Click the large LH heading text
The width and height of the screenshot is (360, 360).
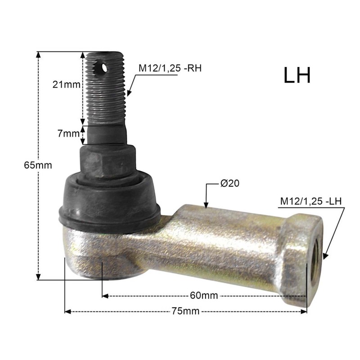(x=297, y=75)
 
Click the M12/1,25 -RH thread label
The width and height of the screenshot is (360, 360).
(x=170, y=68)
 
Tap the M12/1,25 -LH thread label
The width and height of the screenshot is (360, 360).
(x=311, y=201)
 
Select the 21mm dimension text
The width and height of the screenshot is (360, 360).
(x=66, y=85)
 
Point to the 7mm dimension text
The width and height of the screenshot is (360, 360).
(x=68, y=133)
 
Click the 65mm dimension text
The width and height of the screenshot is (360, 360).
(x=38, y=165)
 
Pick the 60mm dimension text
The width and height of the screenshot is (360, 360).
(x=204, y=295)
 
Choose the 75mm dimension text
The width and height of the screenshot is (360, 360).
(x=185, y=311)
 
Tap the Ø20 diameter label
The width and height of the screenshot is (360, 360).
(x=230, y=183)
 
